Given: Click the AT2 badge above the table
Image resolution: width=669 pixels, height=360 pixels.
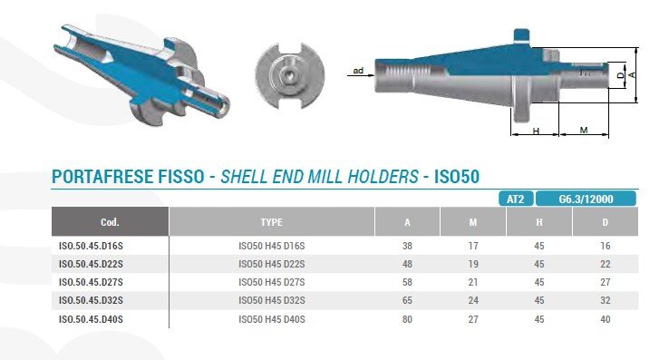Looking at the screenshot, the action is coord(516,199).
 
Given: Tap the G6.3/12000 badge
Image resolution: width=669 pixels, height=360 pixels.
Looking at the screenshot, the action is coord(586,199).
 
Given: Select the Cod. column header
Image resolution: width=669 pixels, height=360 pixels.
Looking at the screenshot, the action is coord(110,222).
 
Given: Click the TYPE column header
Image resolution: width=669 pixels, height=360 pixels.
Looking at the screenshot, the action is coord(271,222).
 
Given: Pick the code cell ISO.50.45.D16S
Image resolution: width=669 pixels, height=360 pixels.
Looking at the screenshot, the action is coord(91,246).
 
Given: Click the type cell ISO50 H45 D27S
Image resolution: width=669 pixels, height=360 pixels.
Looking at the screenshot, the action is coord(272,282).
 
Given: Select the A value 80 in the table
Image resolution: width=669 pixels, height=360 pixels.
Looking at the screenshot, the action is coord(407,319).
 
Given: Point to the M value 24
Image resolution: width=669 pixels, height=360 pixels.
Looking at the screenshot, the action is coord(473,300).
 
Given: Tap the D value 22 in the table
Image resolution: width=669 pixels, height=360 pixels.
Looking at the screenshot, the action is coord(605,264).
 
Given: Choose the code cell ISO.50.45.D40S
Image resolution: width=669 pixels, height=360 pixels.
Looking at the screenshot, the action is coord(91,319).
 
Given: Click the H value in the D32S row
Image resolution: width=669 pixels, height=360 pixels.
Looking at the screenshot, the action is coord(539,300).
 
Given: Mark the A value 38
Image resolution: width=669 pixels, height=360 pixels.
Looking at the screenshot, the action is coord(407,246).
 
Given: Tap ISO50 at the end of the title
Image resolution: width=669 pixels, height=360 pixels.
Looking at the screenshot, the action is coord(457,176).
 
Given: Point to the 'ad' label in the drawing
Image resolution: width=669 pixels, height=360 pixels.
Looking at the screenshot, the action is coord(358,71).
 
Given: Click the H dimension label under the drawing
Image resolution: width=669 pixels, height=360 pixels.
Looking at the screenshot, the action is coord(536,131).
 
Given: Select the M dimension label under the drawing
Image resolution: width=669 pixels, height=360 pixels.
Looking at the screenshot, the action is coord(584,130).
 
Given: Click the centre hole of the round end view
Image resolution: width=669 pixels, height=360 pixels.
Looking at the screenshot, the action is coord(289,77).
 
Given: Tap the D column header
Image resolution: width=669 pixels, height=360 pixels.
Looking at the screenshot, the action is coord(605,222).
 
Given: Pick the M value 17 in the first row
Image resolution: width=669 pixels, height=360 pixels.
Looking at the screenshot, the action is coord(473,246).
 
